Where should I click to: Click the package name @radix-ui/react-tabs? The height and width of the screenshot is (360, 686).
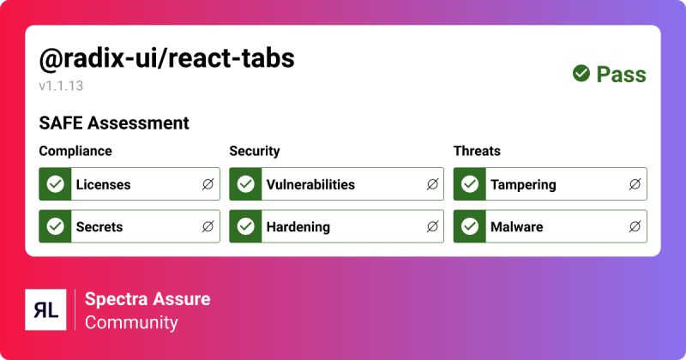[167, 58]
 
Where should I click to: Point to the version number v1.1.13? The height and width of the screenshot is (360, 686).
[61, 86]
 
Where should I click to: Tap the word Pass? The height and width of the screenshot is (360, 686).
[621, 75]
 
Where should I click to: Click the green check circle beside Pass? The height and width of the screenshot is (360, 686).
[581, 75]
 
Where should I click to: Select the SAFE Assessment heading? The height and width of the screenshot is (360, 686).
[114, 123]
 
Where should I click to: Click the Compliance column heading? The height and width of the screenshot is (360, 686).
[75, 151]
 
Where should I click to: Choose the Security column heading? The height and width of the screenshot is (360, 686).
[255, 151]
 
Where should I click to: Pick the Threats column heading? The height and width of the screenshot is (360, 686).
[477, 151]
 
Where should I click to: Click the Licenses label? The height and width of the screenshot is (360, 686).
[103, 184]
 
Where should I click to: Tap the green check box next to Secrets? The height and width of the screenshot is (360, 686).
[56, 227]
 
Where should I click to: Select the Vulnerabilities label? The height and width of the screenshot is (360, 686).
[310, 184]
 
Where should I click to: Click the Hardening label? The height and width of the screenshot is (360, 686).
[298, 227]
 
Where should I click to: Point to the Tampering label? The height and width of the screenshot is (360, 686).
[523, 184]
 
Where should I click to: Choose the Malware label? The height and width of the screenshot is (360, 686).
[516, 227]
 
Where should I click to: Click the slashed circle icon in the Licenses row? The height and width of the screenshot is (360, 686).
[208, 184]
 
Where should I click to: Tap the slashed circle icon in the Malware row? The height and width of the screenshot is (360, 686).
[635, 227]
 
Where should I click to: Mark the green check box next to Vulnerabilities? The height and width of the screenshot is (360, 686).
[246, 184]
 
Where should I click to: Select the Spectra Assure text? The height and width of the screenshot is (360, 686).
[147, 299]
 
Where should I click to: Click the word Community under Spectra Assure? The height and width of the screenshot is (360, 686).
[131, 322]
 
